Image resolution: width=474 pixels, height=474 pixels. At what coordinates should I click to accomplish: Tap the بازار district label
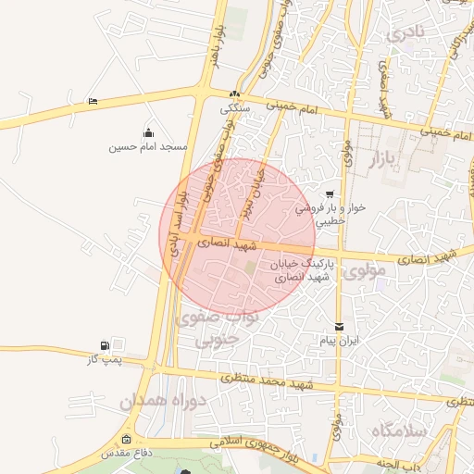(389, 160)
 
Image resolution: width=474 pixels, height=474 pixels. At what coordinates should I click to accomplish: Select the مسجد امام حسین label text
(148, 147)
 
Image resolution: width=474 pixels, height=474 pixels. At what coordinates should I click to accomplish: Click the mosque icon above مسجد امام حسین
(148, 132)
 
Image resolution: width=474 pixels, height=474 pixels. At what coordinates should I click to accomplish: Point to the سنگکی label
(234, 107)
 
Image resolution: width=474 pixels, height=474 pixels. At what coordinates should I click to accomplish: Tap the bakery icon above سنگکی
(234, 94)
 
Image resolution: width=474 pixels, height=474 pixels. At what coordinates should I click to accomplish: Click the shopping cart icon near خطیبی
(331, 194)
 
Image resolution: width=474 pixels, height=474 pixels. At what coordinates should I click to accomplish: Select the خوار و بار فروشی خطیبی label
(331, 215)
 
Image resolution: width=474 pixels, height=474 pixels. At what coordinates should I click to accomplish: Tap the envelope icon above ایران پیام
(339, 327)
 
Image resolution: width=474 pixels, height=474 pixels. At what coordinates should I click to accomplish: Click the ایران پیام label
(339, 342)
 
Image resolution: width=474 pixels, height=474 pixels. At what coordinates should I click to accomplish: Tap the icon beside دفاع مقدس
(126, 440)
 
